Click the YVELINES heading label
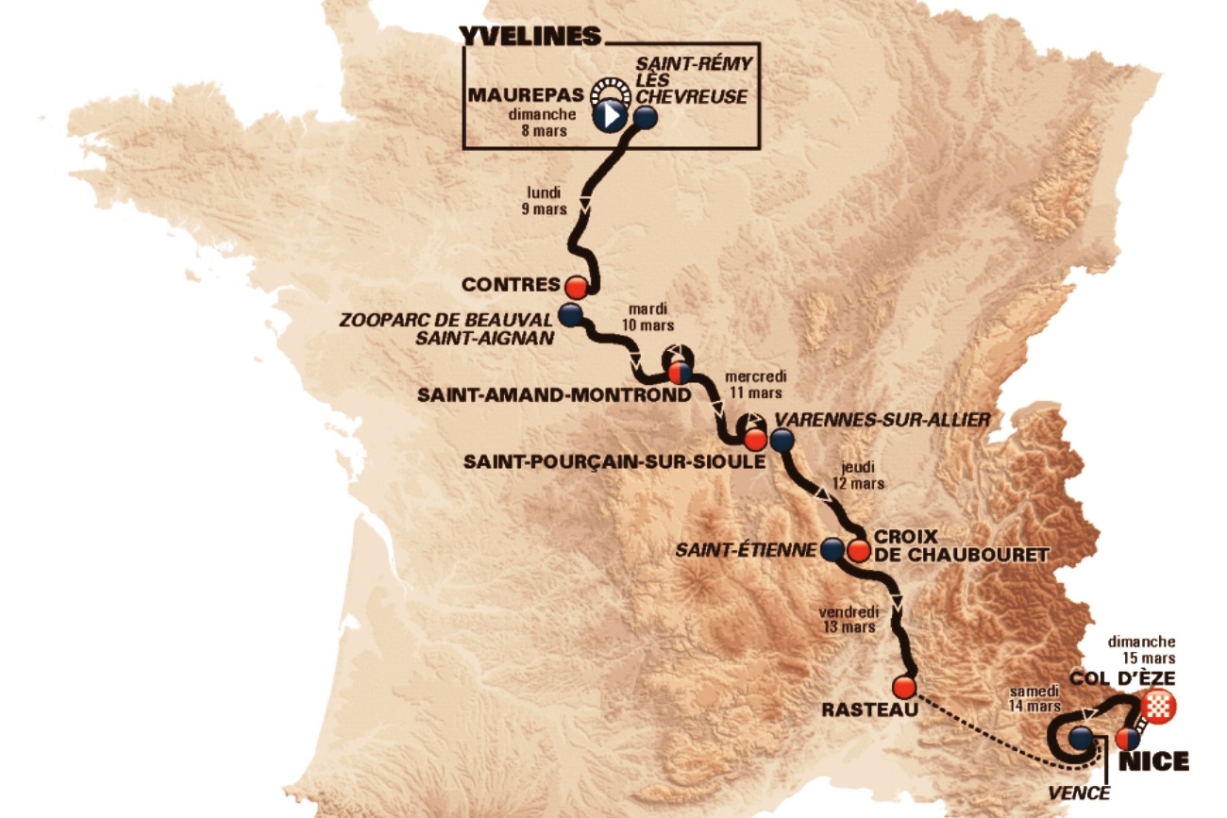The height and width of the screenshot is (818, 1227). click(530, 36)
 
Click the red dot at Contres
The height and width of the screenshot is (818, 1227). click(577, 285)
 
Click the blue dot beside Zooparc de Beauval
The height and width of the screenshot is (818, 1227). click(569, 312)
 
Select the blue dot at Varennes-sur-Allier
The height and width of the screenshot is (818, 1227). click(782, 440)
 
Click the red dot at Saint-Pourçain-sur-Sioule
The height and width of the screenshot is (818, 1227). click(753, 440)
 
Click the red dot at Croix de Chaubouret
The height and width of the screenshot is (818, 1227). click(858, 550)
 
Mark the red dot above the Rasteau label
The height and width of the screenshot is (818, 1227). click(904, 687)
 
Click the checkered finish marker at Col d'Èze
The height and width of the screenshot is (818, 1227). click(1157, 704)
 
